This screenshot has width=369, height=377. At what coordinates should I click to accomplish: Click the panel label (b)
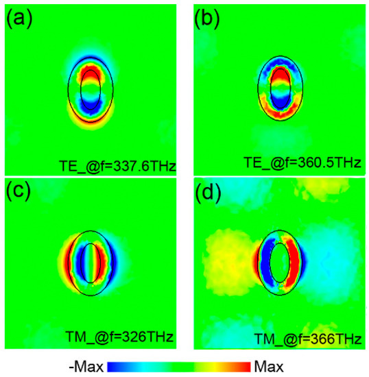[x=208, y=19]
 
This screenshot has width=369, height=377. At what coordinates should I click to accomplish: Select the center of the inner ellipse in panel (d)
[x=279, y=263]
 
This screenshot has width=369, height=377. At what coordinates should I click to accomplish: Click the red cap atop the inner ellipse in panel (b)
[x=279, y=73]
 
